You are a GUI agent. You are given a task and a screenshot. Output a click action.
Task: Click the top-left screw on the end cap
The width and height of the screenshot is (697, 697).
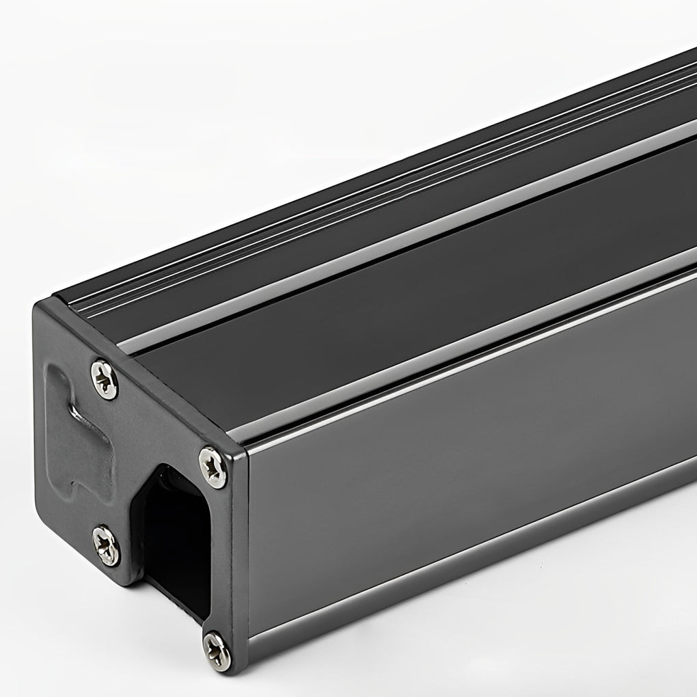pos(104,379)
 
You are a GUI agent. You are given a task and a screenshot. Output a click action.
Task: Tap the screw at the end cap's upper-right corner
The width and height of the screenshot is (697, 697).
pos(213,467)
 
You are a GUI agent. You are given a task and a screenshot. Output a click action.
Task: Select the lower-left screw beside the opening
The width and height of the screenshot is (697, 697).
pos(106,545)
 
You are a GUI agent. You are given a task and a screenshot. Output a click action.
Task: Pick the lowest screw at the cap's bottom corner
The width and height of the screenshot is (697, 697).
pos(217,649)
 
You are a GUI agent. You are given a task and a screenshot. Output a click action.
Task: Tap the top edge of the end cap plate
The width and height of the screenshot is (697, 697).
pos(137,362)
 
